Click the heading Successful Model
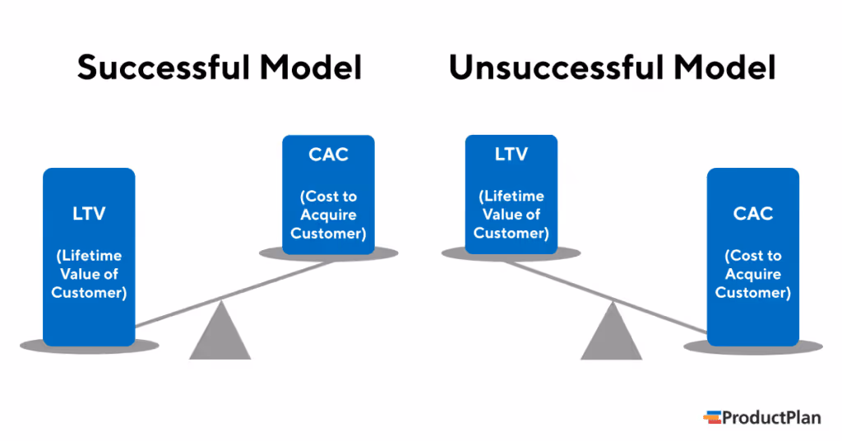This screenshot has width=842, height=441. pos(220,68)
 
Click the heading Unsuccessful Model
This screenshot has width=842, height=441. pos(612,68)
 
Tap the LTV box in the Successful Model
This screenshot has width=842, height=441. pos(89,255)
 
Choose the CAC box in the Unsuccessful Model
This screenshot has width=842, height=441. pos(752,255)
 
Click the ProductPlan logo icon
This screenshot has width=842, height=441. pos(711,417)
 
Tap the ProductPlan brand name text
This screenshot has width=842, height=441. pos(771,418)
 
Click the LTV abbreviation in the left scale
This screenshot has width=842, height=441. pos(89,214)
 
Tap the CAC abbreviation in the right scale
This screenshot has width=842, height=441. pos(752,214)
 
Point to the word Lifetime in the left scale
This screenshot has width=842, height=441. pos(89,256)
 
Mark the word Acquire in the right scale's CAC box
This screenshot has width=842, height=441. pos(752,274)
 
